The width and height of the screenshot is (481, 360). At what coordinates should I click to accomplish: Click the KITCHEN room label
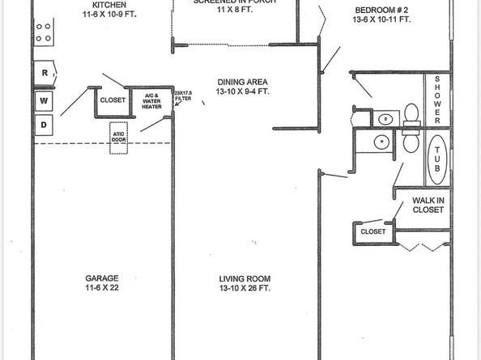coord(109,5)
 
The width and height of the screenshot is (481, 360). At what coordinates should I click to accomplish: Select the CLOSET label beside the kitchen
coord(111,100)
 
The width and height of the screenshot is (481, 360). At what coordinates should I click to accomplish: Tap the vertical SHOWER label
coord(437,99)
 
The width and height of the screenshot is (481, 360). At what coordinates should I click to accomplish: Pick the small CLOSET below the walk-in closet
coord(373,232)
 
